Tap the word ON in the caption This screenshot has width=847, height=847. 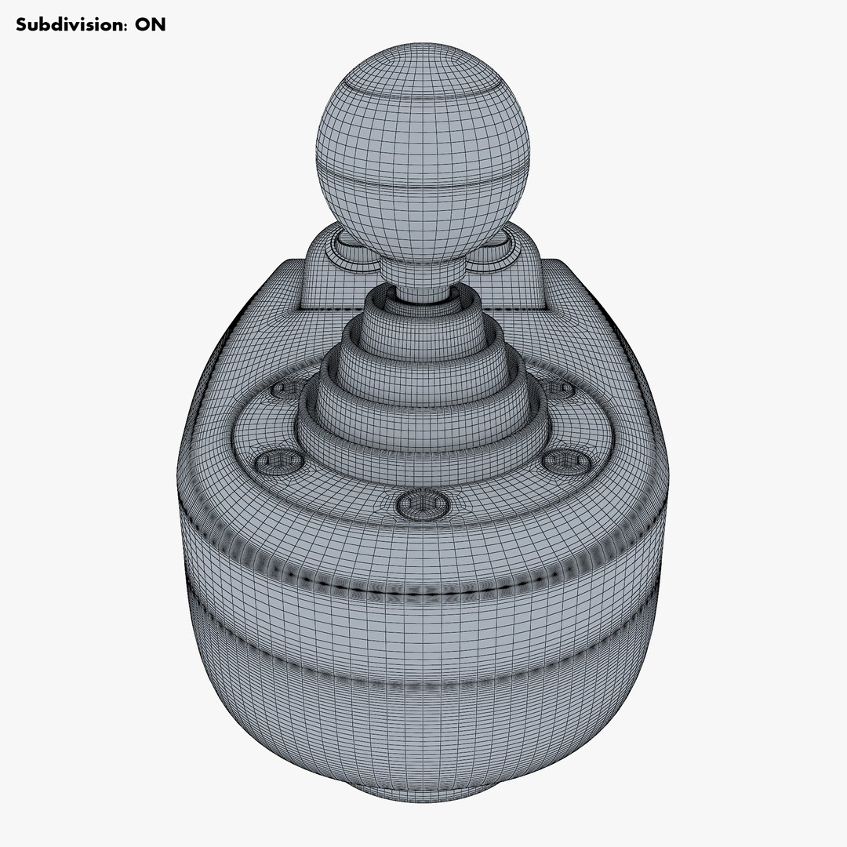click(150, 24)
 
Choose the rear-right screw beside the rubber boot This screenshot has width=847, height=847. click(560, 388)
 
